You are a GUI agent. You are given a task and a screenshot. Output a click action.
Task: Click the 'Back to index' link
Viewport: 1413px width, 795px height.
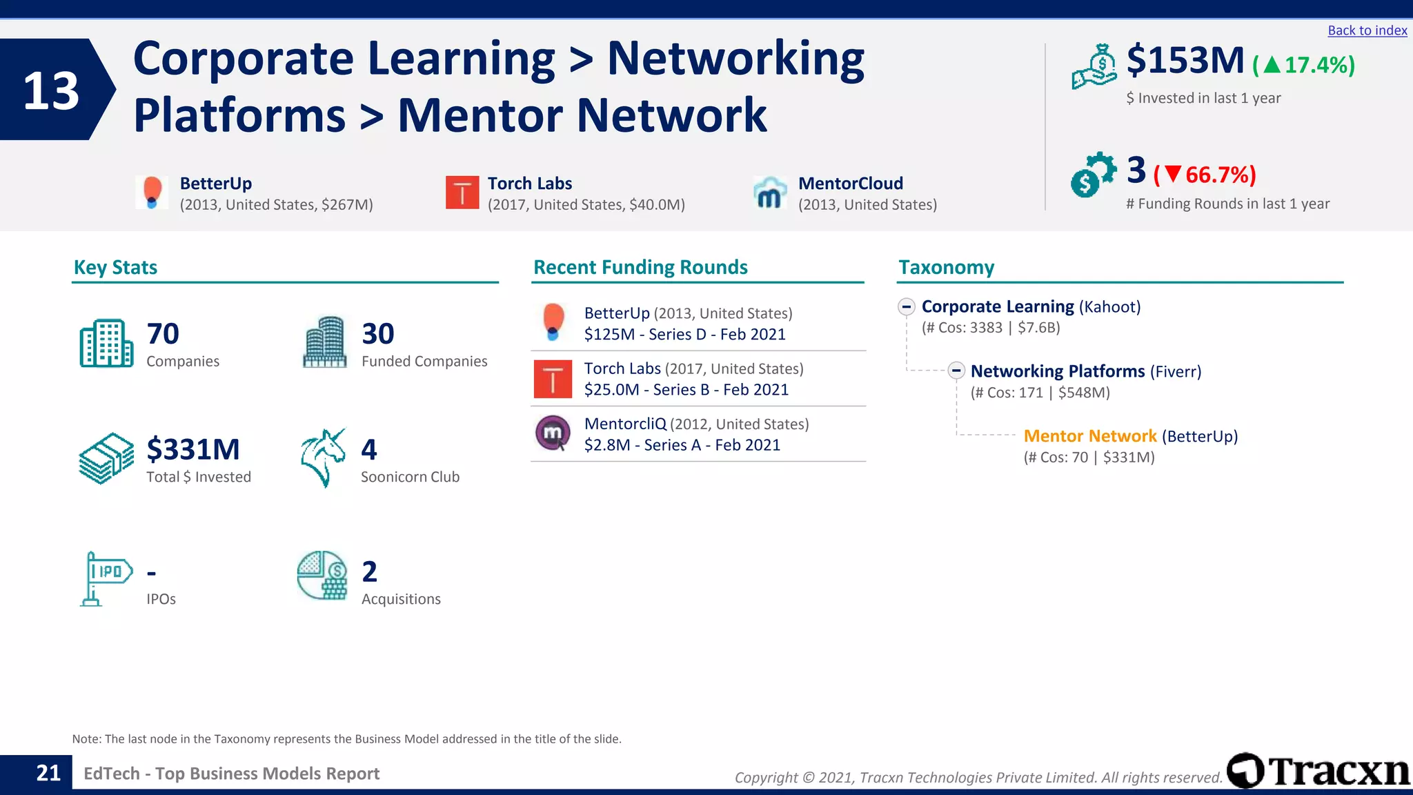tap(1367, 30)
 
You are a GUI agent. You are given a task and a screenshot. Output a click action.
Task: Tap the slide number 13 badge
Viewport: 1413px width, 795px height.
tap(52, 90)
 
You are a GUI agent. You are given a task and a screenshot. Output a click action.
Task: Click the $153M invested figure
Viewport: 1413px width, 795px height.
tap(1185, 61)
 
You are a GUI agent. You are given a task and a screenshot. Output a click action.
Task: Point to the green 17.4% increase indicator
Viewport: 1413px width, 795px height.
tap(1304, 65)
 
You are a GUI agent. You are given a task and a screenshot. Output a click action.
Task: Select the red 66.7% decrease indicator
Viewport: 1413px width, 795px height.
tap(1205, 175)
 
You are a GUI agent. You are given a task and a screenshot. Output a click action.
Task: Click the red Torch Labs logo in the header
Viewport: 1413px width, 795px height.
tap(462, 193)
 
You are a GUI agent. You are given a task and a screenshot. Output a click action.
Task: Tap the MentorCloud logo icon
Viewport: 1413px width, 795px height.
tap(770, 193)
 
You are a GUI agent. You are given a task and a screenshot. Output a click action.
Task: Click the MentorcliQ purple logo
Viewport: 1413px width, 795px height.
tap(553, 433)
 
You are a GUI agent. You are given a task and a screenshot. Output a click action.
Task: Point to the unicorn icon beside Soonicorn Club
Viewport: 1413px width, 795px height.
tap(323, 458)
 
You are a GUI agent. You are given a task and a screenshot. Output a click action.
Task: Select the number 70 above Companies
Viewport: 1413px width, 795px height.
tap(163, 334)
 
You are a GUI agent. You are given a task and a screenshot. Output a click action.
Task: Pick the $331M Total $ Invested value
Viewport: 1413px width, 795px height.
tap(193, 449)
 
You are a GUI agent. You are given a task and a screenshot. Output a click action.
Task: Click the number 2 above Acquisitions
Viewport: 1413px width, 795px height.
tap(370, 571)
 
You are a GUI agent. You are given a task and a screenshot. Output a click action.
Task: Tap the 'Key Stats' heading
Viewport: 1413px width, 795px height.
tap(115, 267)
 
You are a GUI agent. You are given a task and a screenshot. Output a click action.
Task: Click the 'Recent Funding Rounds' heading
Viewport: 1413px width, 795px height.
tap(640, 267)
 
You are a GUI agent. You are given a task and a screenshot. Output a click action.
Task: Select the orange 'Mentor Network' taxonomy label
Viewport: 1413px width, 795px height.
tap(1089, 436)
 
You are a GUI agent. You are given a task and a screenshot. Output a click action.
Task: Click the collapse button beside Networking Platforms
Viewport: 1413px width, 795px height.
tap(956, 371)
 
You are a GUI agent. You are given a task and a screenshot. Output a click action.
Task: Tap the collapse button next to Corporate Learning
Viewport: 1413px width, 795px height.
tap(907, 306)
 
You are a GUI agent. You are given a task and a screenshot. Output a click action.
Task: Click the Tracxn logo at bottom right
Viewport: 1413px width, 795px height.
tap(1318, 771)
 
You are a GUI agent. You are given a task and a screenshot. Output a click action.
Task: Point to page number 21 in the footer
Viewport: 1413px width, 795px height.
tap(48, 773)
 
